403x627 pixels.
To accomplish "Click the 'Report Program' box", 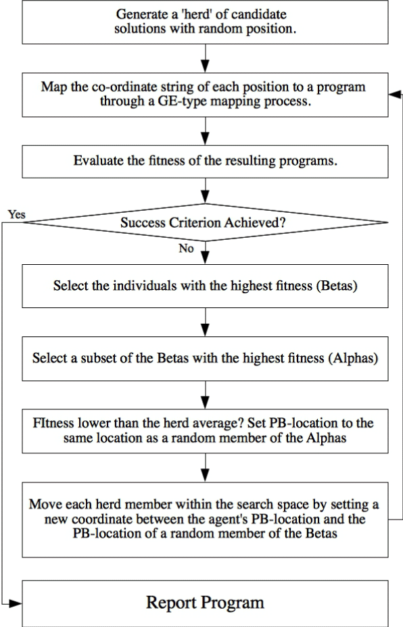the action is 205,603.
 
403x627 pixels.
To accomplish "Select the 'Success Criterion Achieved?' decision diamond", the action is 205,222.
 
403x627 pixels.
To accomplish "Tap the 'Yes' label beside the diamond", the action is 16,214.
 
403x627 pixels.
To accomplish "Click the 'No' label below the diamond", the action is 186,249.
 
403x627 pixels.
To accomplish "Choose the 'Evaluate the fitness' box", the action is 205,161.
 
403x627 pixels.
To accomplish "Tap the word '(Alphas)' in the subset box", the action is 353,358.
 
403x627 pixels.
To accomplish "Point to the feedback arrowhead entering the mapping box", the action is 395,95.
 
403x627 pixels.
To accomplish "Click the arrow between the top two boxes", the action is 205,58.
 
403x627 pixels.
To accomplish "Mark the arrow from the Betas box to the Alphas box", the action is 205,322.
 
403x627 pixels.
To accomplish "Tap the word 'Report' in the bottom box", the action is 171,603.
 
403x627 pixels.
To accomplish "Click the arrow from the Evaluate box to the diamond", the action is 205,191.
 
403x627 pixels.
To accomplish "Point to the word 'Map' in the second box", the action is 53,87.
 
